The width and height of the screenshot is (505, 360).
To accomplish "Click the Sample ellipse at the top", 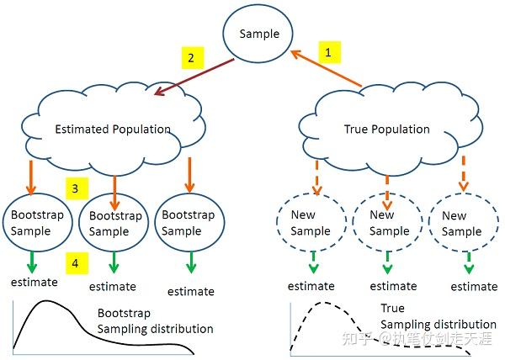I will [x=258, y=34].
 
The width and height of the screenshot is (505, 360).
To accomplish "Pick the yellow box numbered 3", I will [x=75, y=189].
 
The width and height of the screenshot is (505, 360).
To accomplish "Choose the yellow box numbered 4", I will [x=75, y=263].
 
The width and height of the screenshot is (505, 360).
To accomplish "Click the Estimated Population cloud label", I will [x=112, y=130].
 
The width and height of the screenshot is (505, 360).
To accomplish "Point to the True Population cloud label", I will [x=387, y=130].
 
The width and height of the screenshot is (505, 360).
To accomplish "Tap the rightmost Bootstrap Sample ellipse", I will [x=188, y=223].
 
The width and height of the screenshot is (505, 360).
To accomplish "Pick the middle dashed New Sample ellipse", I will [x=388, y=223].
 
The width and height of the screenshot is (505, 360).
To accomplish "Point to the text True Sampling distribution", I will [x=437, y=316].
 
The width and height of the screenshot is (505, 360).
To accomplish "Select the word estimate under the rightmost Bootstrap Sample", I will [x=189, y=292].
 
